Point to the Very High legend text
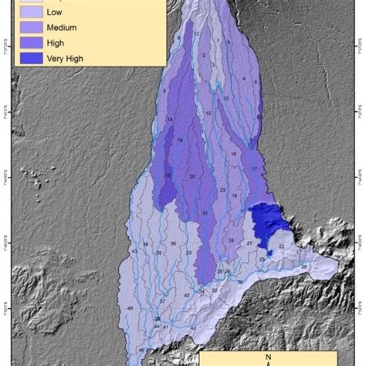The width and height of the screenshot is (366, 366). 68,58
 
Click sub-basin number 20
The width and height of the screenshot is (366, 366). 191,177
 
